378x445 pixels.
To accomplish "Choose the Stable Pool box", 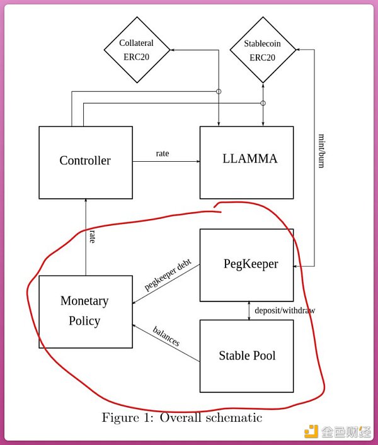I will [x=246, y=356].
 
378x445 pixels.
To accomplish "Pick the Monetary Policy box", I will [x=86, y=311].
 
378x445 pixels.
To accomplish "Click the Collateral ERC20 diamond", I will [x=137, y=50].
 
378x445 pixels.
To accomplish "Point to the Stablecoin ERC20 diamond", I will [x=263, y=50].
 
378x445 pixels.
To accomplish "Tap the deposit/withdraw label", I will [x=285, y=310].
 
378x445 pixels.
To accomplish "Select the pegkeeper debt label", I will [x=168, y=276].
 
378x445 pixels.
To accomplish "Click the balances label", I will [x=166, y=337].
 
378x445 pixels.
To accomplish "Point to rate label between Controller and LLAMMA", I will [x=163, y=154].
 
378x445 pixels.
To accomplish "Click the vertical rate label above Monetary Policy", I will [x=92, y=237].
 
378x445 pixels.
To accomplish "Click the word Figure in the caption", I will [x=120, y=417].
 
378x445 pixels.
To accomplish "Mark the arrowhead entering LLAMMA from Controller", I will [x=197, y=162].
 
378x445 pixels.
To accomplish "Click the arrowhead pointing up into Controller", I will [x=85, y=202].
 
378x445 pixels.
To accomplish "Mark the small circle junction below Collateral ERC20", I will [x=219, y=92].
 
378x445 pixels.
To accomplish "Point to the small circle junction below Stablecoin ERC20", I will [x=263, y=103].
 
